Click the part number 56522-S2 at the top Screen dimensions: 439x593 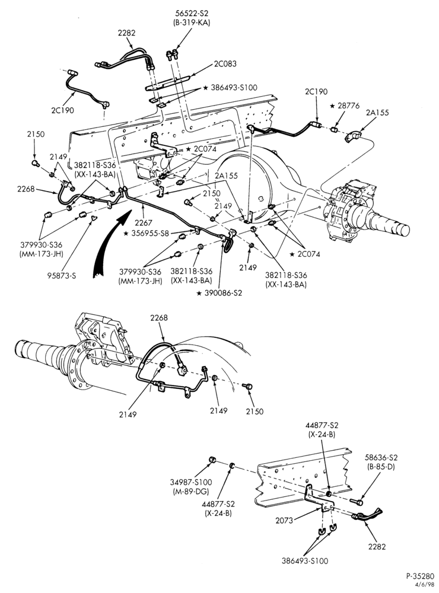(x=189, y=14)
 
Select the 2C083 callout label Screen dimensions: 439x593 (x=225, y=63)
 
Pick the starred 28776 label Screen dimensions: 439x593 (x=345, y=106)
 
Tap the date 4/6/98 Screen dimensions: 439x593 (x=426, y=584)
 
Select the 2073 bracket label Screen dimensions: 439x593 (x=284, y=521)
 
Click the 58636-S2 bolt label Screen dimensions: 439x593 (x=381, y=458)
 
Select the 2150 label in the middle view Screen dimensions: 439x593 (x=255, y=411)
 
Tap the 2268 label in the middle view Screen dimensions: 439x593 (x=159, y=318)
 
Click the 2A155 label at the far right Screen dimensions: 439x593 (x=377, y=112)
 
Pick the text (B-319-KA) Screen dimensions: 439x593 (x=189, y=23)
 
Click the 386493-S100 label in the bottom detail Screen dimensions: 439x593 (x=305, y=561)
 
